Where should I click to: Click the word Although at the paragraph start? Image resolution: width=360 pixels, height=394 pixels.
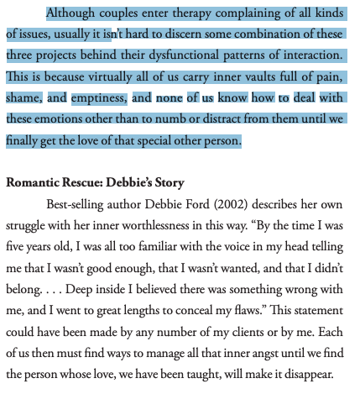pos(72,13)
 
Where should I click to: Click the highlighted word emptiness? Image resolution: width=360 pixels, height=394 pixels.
pos(98,98)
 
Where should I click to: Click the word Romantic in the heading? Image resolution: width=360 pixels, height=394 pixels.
pos(34,184)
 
